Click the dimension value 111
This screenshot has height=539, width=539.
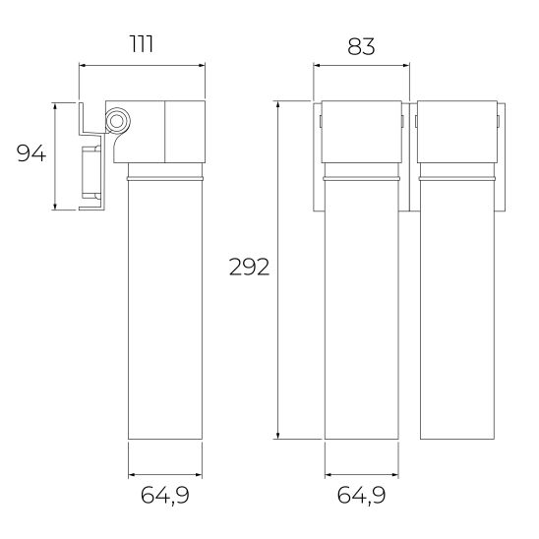(143, 43)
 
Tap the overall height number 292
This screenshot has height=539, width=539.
(248, 268)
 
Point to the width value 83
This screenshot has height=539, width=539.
(361, 43)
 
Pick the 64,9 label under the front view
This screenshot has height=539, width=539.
(361, 495)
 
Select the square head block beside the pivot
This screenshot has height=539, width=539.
(184, 130)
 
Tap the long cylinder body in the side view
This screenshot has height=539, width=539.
(166, 315)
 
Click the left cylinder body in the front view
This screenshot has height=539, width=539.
(361, 315)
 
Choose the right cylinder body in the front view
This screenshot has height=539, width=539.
(454, 315)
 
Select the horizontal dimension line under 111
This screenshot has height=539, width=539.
(143, 66)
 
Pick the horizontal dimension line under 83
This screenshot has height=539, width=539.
(361, 66)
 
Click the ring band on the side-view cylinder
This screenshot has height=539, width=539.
(166, 180)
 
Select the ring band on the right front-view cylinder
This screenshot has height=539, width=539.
(454, 180)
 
